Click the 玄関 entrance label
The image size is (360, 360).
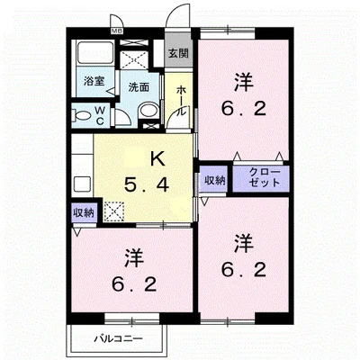pyautogui.click(x=178, y=53)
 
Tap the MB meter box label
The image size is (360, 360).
pyautogui.click(x=115, y=31)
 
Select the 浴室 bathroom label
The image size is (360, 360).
pyautogui.click(x=94, y=81)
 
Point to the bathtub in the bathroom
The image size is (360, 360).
pyautogui.click(x=95, y=53)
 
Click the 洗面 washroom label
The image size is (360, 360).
pyautogui.click(x=139, y=87)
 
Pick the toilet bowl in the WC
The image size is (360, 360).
pyautogui.click(x=82, y=115)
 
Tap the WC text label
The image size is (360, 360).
pyautogui.click(x=100, y=116)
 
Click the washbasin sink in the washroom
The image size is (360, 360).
pyautogui.click(x=149, y=111)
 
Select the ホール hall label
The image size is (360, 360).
pyautogui.click(x=181, y=101)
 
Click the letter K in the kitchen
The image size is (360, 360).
pyautogui.click(x=157, y=159)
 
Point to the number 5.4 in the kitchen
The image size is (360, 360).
pyautogui.click(x=147, y=184)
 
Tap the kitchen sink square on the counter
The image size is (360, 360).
pyautogui.click(x=82, y=184)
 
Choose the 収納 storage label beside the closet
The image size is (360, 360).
pyautogui.click(x=215, y=180)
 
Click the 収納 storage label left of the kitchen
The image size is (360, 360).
pyautogui.click(x=84, y=212)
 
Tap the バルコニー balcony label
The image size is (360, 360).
pyautogui.click(x=119, y=339)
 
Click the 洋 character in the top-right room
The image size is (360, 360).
pyautogui.click(x=244, y=83)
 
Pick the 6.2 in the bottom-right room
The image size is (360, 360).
pyautogui.click(x=244, y=269)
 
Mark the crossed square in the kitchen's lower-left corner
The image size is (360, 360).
pyautogui.click(x=114, y=211)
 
